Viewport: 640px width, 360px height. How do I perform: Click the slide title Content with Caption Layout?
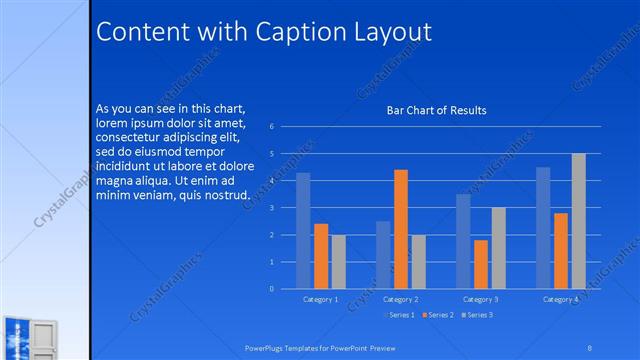263,32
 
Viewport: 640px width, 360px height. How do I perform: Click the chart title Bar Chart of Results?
436,110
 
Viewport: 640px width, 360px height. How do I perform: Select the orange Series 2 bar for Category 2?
400,229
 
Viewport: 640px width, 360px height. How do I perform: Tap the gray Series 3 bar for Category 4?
578,221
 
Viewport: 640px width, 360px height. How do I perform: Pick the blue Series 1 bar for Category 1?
303,231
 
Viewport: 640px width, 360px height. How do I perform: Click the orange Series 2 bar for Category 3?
481,264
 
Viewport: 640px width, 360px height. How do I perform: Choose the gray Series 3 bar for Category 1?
339,262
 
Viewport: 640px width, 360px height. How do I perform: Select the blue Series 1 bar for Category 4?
543,228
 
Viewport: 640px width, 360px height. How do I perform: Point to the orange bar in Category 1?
321,256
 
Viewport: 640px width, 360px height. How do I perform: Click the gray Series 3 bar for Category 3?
498,248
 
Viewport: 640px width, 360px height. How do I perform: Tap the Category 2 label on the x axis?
400,299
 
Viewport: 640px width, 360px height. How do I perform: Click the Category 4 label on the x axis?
560,299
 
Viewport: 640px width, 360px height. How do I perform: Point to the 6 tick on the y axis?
272,127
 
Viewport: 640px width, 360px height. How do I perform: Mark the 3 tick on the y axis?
272,208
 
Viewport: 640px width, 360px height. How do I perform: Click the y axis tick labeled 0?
272,289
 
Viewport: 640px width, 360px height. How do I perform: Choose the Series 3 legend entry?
479,315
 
